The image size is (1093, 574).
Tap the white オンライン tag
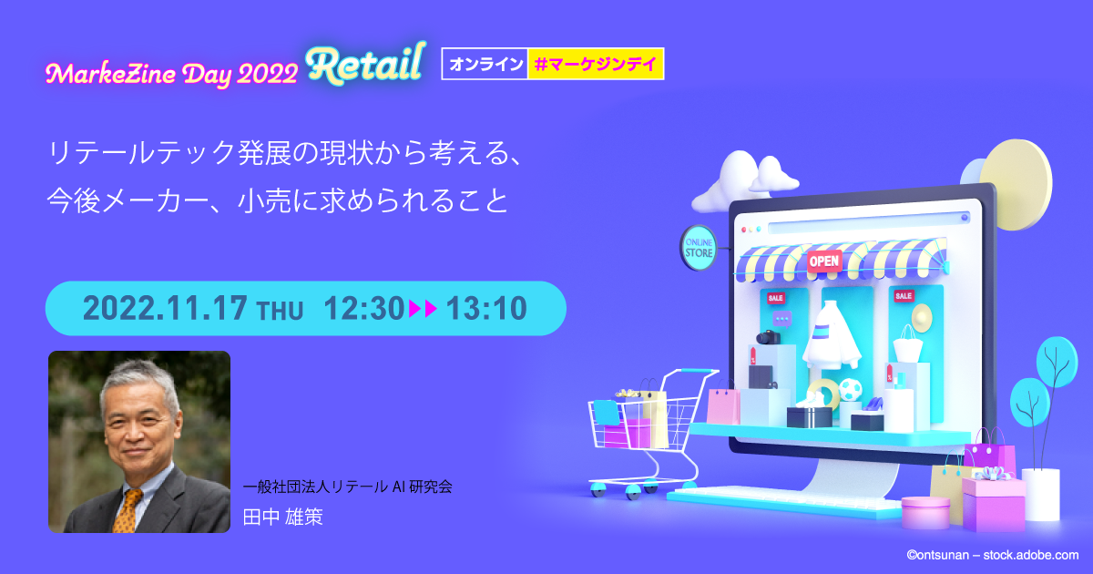[485, 64]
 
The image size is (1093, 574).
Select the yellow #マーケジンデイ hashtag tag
[596, 64]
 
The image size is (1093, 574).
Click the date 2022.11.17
[165, 309]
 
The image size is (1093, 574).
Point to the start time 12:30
[363, 309]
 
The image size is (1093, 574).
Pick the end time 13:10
[486, 309]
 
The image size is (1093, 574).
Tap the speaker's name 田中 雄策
[283, 518]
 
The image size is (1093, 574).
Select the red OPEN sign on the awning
[824, 261]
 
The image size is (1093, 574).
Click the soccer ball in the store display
[850, 391]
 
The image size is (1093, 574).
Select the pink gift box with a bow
[993, 501]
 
